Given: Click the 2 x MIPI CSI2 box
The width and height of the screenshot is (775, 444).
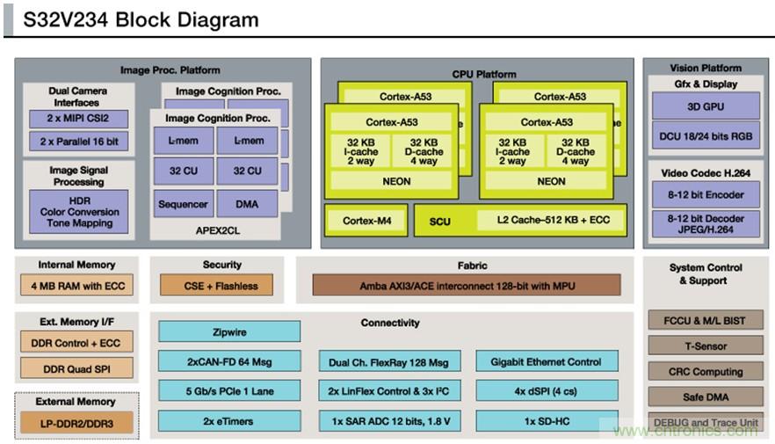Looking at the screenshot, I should [x=78, y=119].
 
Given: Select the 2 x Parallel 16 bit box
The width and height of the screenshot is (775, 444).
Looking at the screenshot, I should [x=78, y=141].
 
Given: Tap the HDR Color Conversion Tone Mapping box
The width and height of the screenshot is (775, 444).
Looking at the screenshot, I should [x=78, y=212].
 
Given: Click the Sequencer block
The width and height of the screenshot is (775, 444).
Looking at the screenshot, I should [x=183, y=204].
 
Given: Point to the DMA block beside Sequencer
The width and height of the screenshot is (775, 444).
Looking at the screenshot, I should [x=247, y=204].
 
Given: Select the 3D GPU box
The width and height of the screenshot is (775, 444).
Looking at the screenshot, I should [x=706, y=106].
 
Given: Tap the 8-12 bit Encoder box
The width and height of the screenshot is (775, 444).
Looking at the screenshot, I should [x=706, y=194].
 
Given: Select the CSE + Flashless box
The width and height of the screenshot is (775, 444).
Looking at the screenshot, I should [x=216, y=285].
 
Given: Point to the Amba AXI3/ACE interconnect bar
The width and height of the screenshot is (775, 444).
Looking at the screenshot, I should [x=466, y=285].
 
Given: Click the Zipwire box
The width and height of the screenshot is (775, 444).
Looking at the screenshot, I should [x=229, y=331].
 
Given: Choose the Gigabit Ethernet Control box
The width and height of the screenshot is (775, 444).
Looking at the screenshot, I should [x=547, y=361].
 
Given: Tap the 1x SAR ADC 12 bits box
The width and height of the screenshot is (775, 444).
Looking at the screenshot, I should [x=388, y=421].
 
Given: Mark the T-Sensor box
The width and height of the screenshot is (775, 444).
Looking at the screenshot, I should [x=706, y=346].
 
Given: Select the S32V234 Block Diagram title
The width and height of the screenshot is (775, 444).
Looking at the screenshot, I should [x=141, y=19].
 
